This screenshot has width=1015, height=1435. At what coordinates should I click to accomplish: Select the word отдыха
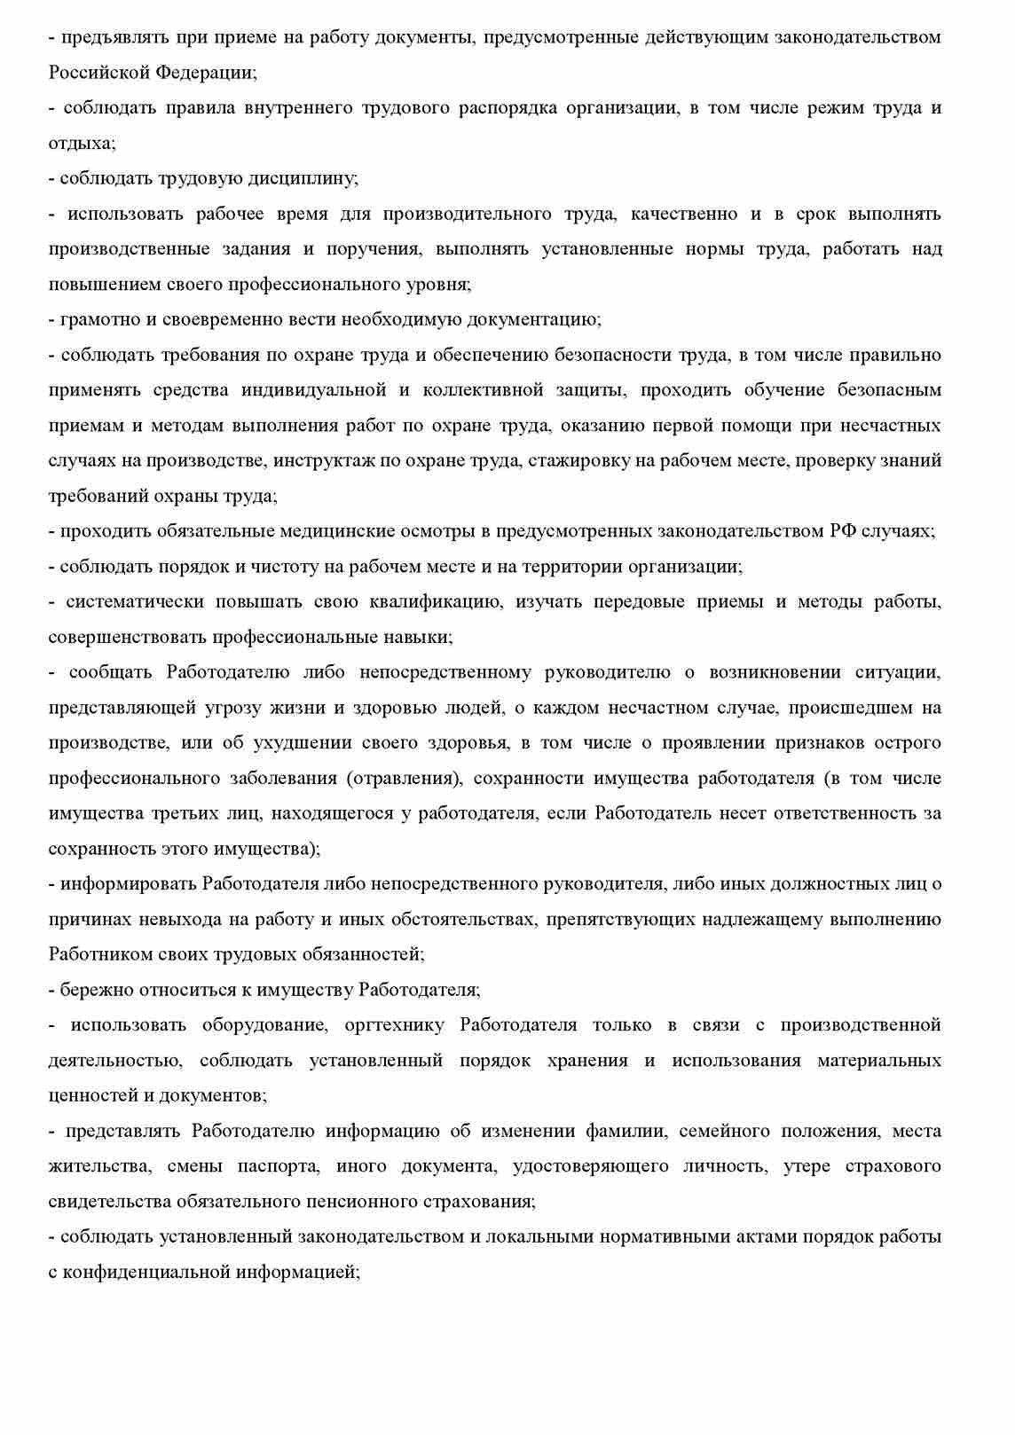[x=81, y=143]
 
